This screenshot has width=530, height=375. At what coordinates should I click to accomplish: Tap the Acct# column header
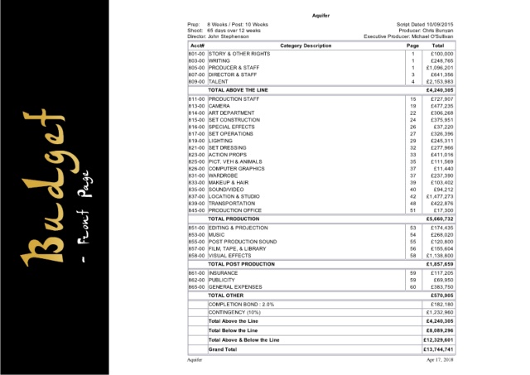[198, 45]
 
